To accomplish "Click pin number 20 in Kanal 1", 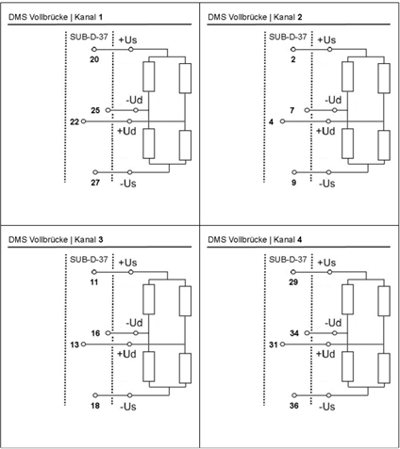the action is pyautogui.click(x=94, y=59).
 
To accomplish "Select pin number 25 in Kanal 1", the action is pyautogui.click(x=95, y=110).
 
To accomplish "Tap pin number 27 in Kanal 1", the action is pyautogui.click(x=95, y=183).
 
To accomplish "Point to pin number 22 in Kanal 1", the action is pyautogui.click(x=75, y=121).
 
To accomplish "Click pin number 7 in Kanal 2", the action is pyautogui.click(x=292, y=110).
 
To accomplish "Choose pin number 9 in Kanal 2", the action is pyautogui.click(x=293, y=183).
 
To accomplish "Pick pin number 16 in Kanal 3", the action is pyautogui.click(x=95, y=333).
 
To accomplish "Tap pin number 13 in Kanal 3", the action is pyautogui.click(x=75, y=345).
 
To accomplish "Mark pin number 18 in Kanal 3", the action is pyautogui.click(x=95, y=406).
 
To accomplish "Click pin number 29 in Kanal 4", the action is pyautogui.click(x=293, y=282).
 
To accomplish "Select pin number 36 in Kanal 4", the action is pyautogui.click(x=294, y=406).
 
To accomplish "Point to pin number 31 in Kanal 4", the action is pyautogui.click(x=274, y=345).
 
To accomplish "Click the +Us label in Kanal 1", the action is pyautogui.click(x=127, y=40).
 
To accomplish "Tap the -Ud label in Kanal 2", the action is pyautogui.click(x=333, y=100).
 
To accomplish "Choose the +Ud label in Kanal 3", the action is pyautogui.click(x=126, y=354).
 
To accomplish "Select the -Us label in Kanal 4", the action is pyautogui.click(x=327, y=407).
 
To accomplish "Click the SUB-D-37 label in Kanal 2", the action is pyautogui.click(x=288, y=37).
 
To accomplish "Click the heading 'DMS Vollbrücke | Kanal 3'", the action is pyautogui.click(x=56, y=240).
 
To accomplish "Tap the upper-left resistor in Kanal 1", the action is pyautogui.click(x=149, y=76).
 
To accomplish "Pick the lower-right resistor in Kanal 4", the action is pyautogui.click(x=384, y=368).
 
